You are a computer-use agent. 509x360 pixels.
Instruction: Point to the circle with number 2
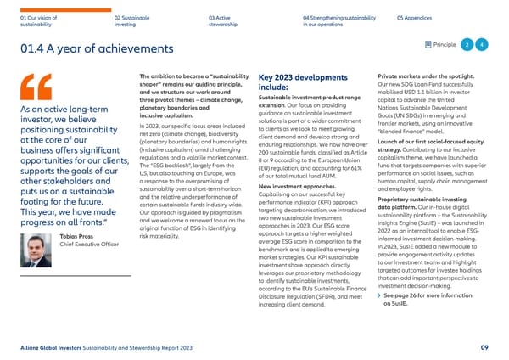[x=466, y=44]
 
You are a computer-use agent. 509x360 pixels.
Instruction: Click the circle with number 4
[x=482, y=44]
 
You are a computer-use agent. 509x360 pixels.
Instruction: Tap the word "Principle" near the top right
[x=444, y=44]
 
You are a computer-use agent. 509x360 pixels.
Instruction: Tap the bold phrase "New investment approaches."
[x=293, y=186]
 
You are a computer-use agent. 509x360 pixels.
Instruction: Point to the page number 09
[x=483, y=346]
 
